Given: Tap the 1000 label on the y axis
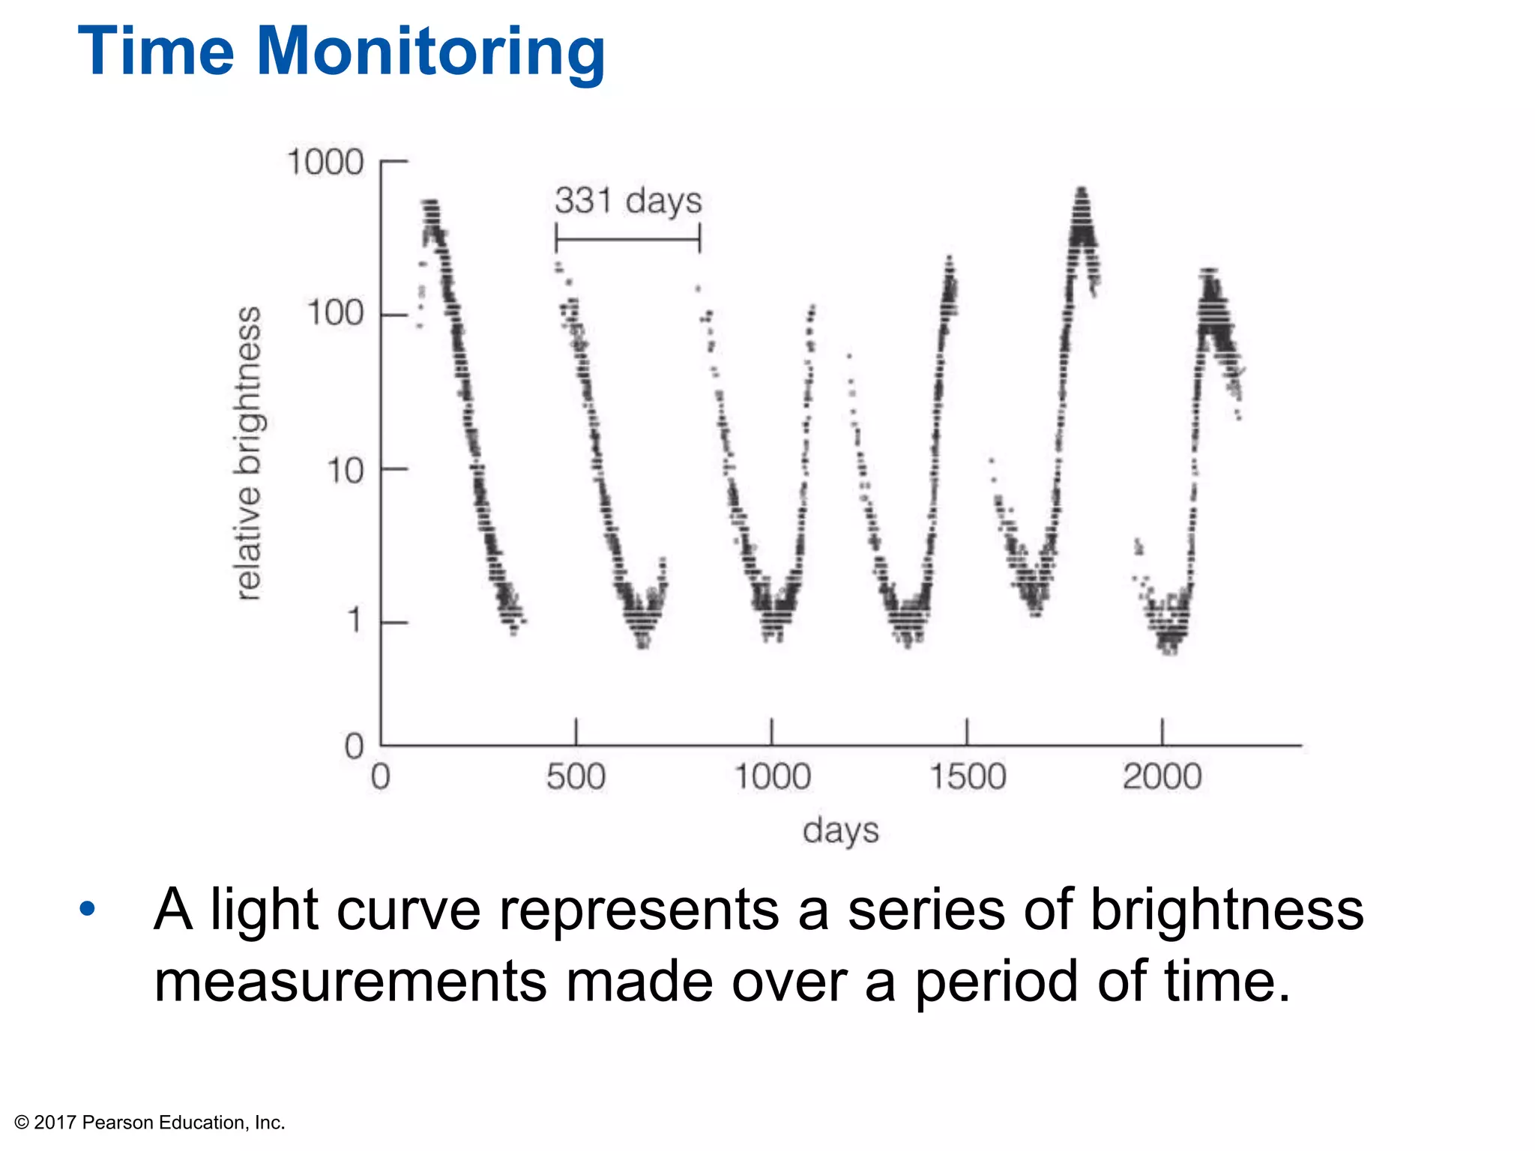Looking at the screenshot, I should [x=325, y=163].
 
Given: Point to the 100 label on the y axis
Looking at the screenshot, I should [x=335, y=313].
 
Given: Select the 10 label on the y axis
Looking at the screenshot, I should [x=345, y=471].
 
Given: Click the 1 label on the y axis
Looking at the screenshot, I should [x=355, y=621].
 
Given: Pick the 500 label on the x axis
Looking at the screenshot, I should [x=576, y=777].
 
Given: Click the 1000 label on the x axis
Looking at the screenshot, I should [x=772, y=777].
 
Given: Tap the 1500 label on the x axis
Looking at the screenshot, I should [x=967, y=777].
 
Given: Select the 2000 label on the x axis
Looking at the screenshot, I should [x=1162, y=777].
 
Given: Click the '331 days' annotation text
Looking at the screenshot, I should [x=628, y=201].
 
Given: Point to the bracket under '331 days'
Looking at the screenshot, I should [x=628, y=240].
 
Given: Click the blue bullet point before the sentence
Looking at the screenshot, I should [x=88, y=909].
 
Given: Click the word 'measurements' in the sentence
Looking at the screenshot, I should [x=350, y=982].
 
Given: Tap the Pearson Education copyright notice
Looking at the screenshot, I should [x=150, y=1123].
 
